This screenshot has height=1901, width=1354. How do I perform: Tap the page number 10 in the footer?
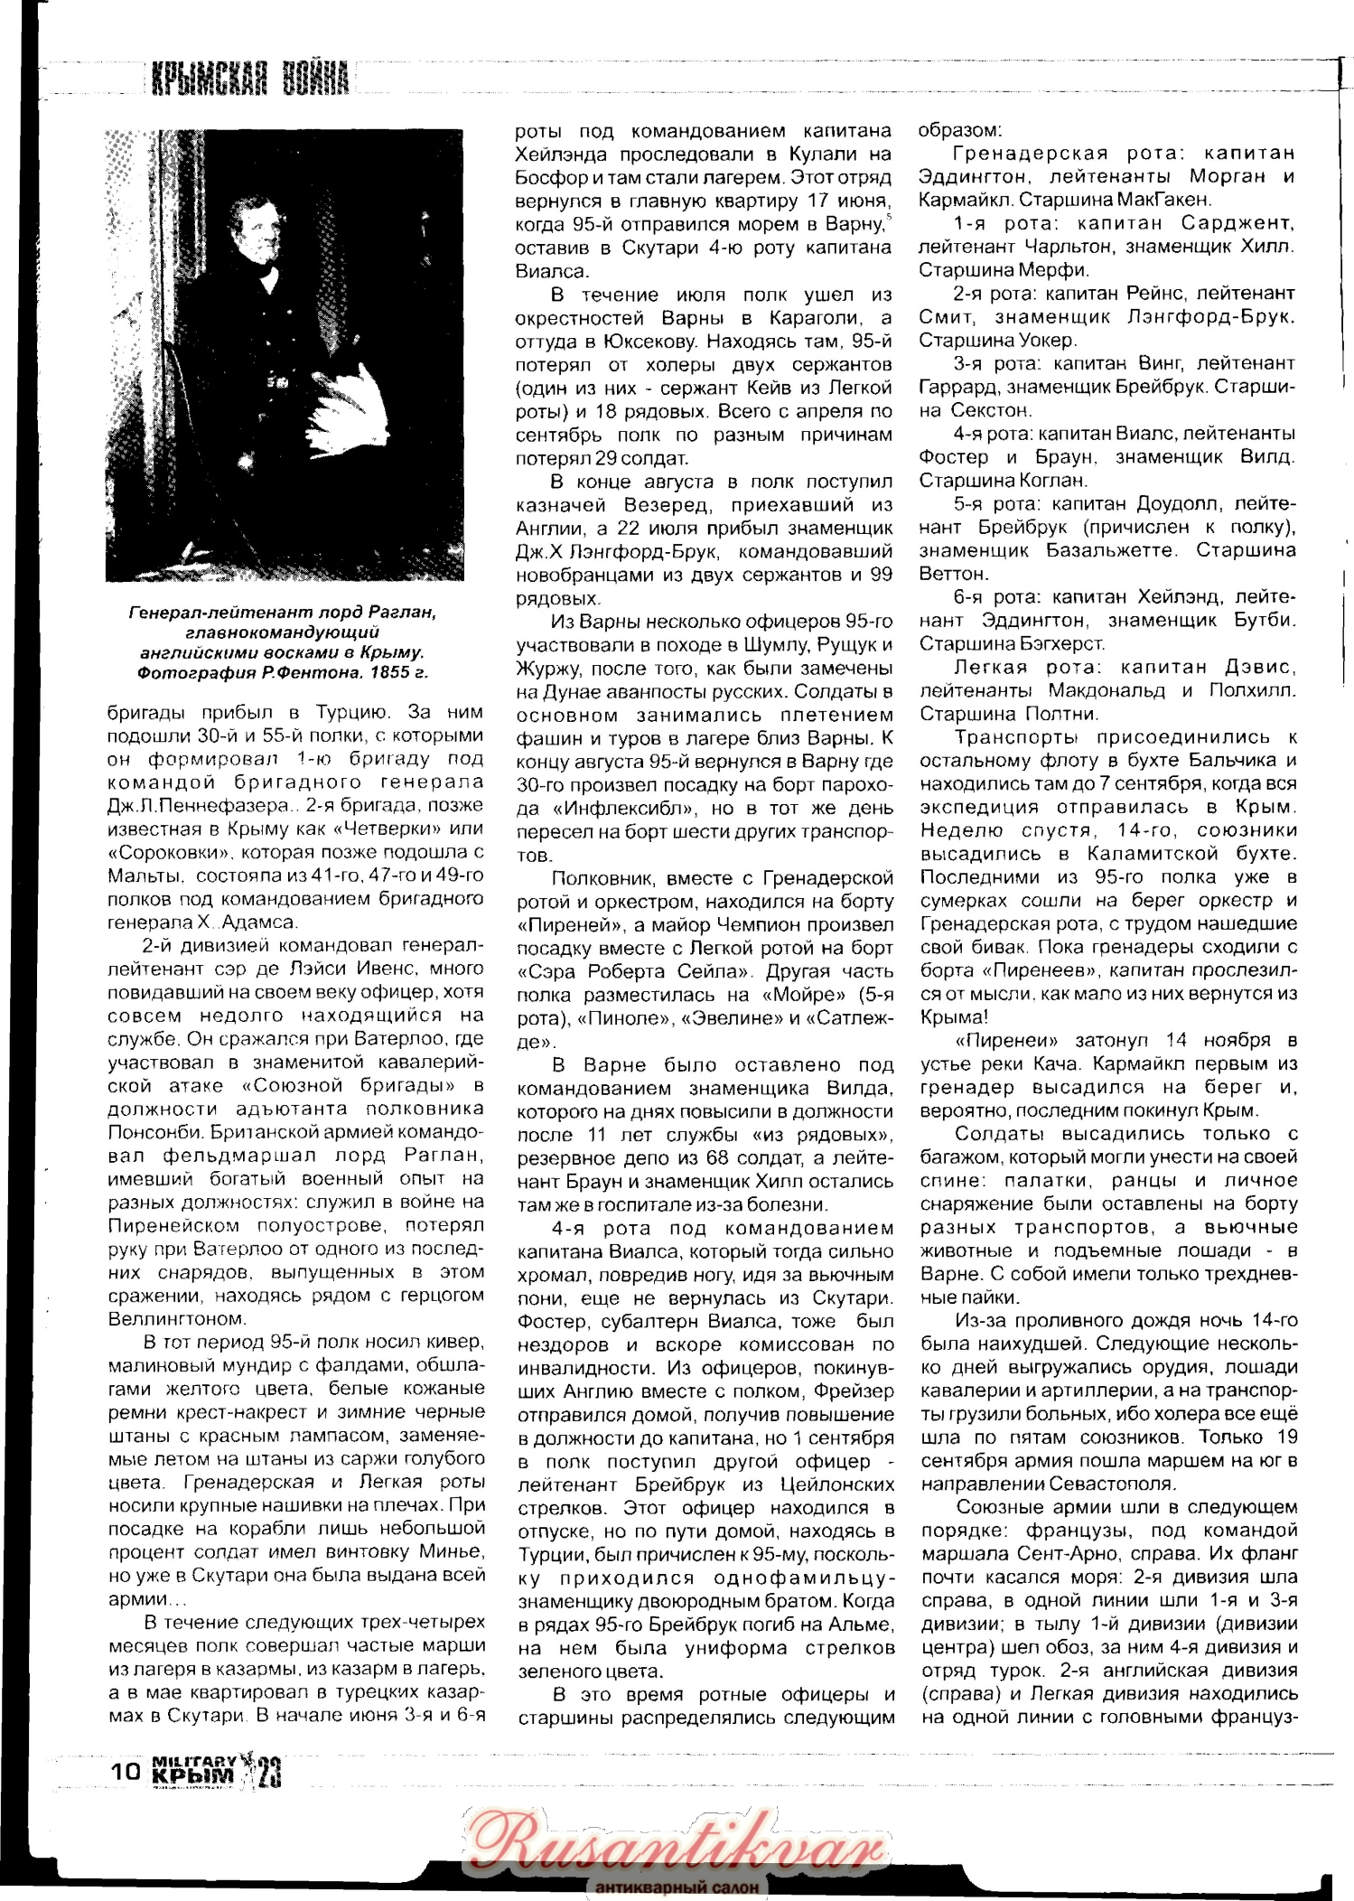click(x=126, y=1770)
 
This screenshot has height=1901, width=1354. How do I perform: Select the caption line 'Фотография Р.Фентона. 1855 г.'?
click(x=283, y=672)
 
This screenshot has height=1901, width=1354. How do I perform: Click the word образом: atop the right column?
click(x=960, y=130)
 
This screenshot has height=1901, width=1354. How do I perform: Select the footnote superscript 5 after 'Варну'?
click(x=889, y=218)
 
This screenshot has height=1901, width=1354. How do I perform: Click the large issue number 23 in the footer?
click(x=269, y=1773)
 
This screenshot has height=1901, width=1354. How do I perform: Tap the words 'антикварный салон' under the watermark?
click(x=677, y=1887)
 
